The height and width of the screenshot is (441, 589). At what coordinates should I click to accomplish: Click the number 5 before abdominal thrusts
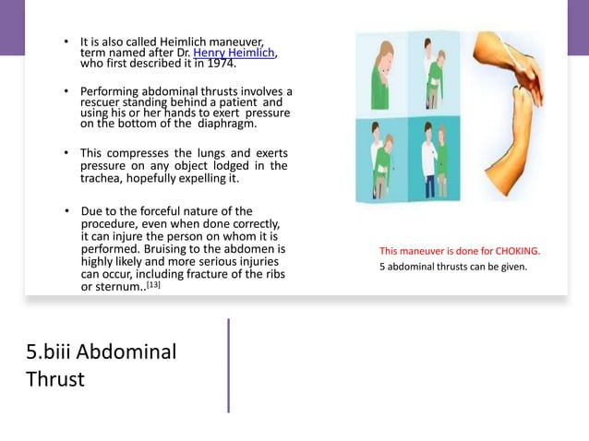coord(382,268)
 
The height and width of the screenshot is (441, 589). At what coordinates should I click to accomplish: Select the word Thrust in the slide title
coord(54,378)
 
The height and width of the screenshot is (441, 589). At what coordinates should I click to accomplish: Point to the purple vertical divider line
coord(228,365)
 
